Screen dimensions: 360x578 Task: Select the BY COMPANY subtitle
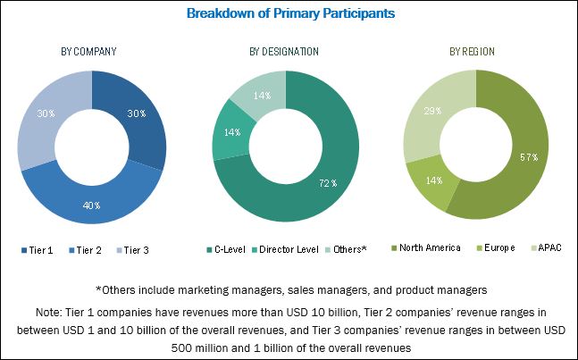point(89,52)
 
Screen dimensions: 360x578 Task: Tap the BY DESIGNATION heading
point(283,52)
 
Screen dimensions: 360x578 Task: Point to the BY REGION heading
point(473,52)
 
